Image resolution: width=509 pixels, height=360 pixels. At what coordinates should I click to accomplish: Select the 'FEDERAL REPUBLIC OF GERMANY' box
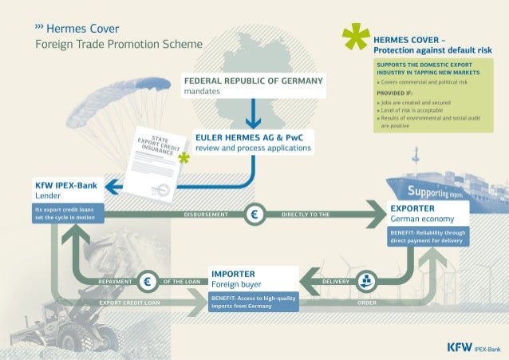[253, 86]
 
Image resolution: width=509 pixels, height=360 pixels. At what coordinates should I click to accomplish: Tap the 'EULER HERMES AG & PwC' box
[253, 142]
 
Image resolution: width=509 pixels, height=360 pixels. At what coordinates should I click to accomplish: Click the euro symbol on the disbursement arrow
[255, 214]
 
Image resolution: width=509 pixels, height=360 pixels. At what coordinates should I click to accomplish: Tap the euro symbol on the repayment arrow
[148, 281]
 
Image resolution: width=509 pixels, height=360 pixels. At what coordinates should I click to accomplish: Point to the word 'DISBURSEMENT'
[207, 215]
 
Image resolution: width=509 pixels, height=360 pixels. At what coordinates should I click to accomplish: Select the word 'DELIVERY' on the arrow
[336, 282]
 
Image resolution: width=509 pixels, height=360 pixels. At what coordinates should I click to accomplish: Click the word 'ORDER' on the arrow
[367, 303]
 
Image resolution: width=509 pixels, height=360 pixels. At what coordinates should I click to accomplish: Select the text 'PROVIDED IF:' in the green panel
[390, 93]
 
